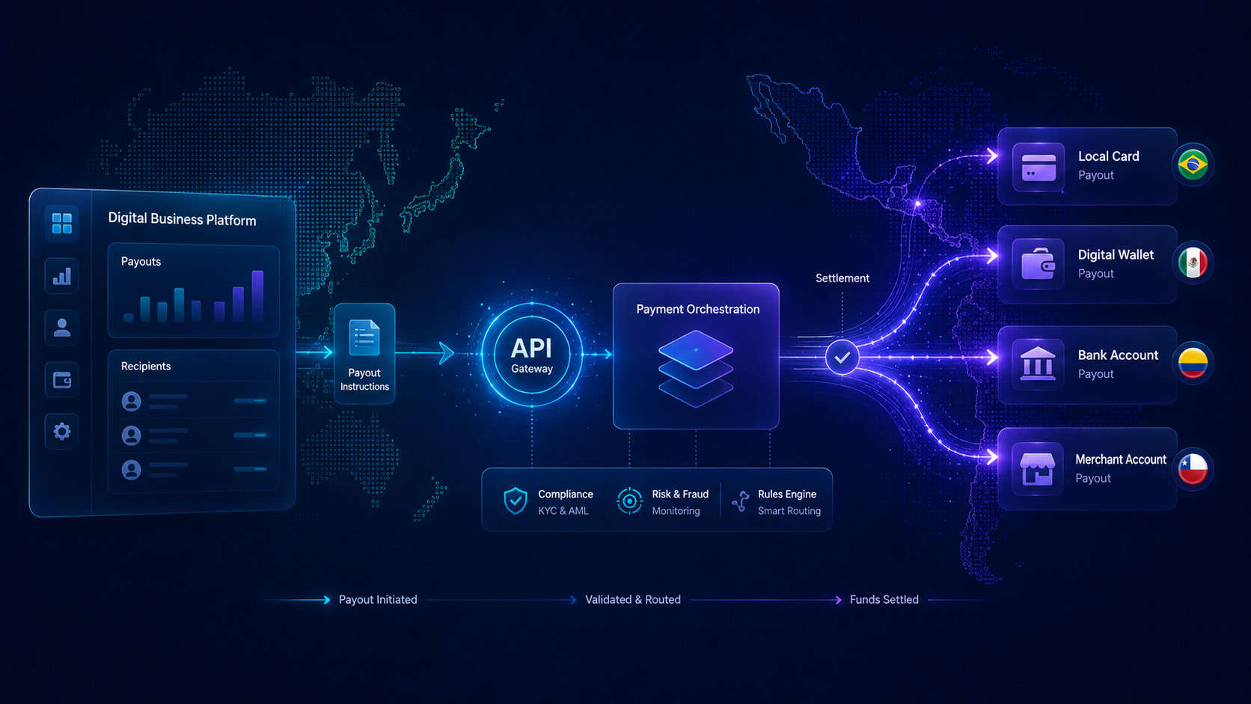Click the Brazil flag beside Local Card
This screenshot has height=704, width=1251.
click(x=1193, y=165)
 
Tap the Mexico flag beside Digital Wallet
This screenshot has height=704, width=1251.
click(x=1193, y=263)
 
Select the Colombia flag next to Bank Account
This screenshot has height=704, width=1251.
click(x=1193, y=363)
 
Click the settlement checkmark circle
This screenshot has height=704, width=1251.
click(x=842, y=357)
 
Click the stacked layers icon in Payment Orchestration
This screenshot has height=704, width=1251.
click(x=695, y=368)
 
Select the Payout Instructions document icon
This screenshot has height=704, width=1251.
click(x=364, y=337)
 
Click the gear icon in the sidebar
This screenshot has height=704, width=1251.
click(x=62, y=431)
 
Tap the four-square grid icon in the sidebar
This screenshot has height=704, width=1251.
click(x=62, y=223)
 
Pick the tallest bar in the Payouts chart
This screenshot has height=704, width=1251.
click(x=257, y=296)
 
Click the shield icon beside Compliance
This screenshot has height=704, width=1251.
click(x=516, y=501)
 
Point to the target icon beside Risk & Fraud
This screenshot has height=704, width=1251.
click(x=629, y=501)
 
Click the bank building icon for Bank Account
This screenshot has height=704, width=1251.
click(x=1038, y=364)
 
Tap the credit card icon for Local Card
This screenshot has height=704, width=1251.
click(x=1039, y=167)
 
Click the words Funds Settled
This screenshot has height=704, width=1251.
click(x=884, y=599)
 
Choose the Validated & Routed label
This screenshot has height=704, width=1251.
click(x=633, y=599)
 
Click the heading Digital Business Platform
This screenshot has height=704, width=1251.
click(x=182, y=219)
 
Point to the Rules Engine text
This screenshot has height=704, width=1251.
click(x=787, y=494)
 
